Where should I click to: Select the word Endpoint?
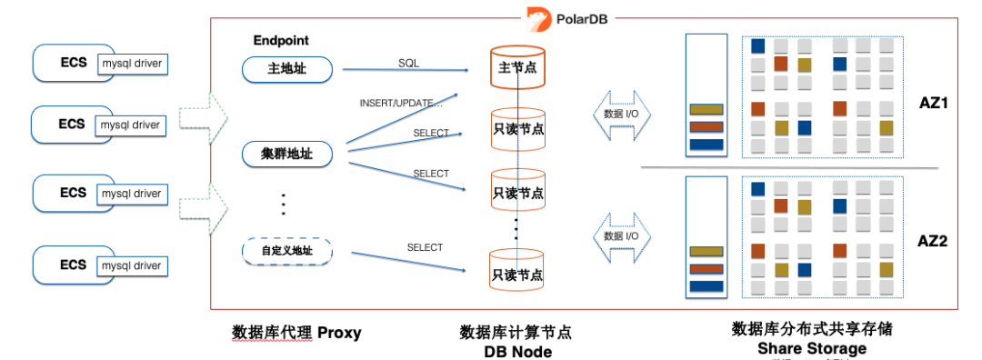[280, 41]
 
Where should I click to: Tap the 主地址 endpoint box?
[287, 69]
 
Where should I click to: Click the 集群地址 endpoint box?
[287, 154]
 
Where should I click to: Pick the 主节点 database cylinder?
[517, 68]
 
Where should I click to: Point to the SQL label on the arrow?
[408, 63]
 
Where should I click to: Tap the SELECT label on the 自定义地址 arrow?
[425, 247]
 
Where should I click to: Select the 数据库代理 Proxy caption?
[296, 333]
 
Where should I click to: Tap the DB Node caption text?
[517, 352]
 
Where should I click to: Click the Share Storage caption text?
[811, 348]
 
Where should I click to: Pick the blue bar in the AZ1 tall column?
[706, 144]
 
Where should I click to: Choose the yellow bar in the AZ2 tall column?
[706, 252]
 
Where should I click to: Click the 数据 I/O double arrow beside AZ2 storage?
[621, 236]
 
